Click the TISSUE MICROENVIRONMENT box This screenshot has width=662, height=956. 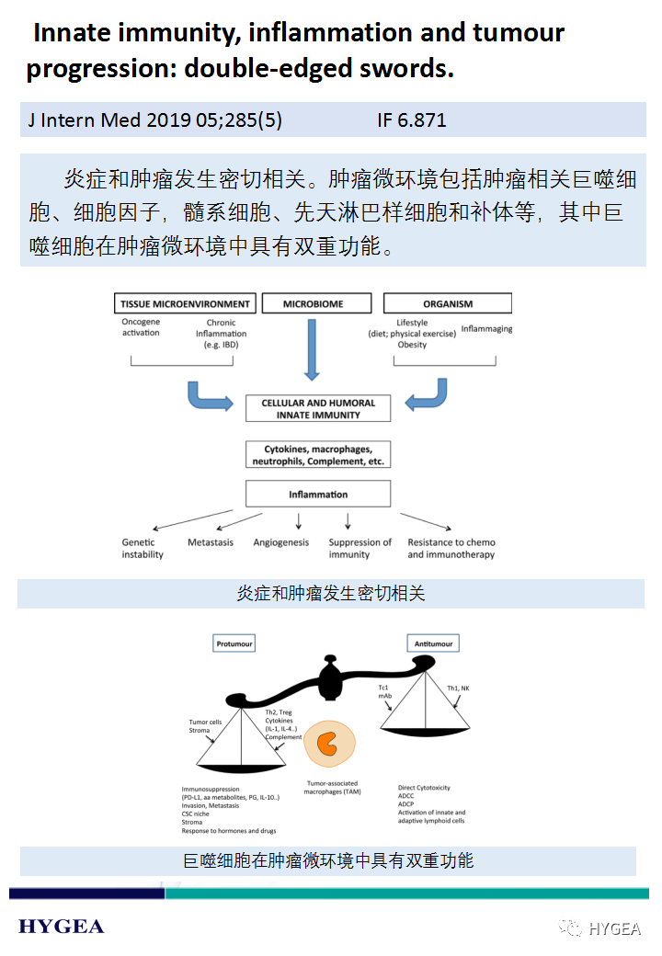point(186,303)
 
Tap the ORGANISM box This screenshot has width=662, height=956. point(448,303)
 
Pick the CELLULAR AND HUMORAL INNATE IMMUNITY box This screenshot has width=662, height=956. point(318,409)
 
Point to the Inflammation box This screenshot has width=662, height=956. point(318,495)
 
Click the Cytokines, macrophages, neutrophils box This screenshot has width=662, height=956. point(318,455)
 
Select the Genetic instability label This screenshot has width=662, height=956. point(143,549)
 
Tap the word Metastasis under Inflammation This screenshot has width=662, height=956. point(211,543)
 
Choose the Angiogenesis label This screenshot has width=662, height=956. point(281,543)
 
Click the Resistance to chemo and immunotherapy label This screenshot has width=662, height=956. point(451,549)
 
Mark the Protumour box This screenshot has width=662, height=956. point(234,644)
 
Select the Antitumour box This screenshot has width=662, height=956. point(434,643)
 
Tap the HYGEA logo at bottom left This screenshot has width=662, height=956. point(62,926)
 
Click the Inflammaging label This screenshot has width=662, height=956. point(487,329)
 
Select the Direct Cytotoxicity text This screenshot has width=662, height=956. point(424,788)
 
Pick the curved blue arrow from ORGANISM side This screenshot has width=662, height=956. point(428,393)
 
